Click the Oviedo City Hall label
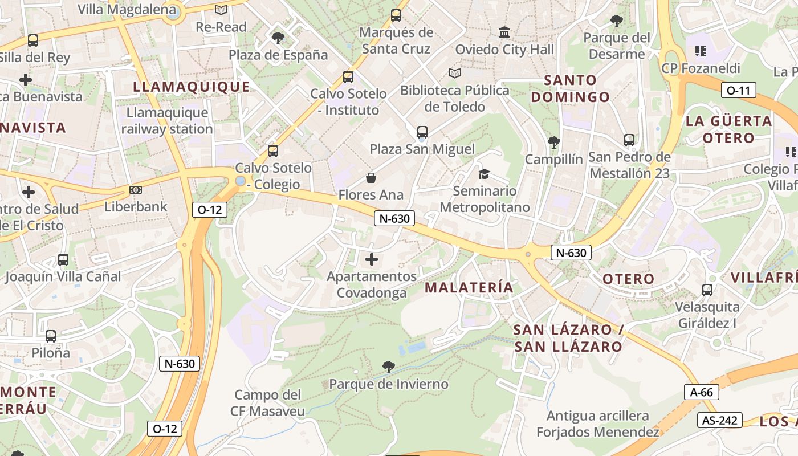[504, 50]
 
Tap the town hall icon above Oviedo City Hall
[504, 32]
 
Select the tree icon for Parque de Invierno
[389, 367]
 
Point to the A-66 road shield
[701, 392]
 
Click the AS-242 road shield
[720, 421]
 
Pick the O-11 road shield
[739, 90]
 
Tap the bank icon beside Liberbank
[136, 190]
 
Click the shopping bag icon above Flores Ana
[371, 178]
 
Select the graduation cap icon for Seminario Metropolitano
[484, 174]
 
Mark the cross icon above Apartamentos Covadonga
[372, 260]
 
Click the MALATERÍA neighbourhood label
[469, 288]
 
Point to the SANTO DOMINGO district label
[571, 88]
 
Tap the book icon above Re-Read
[221, 10]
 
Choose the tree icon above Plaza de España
[278, 38]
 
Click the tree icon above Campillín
[553, 142]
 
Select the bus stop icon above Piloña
[51, 336]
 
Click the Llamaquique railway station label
[167, 121]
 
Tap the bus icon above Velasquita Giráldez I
[707, 290]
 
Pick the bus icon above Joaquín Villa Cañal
[63, 260]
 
